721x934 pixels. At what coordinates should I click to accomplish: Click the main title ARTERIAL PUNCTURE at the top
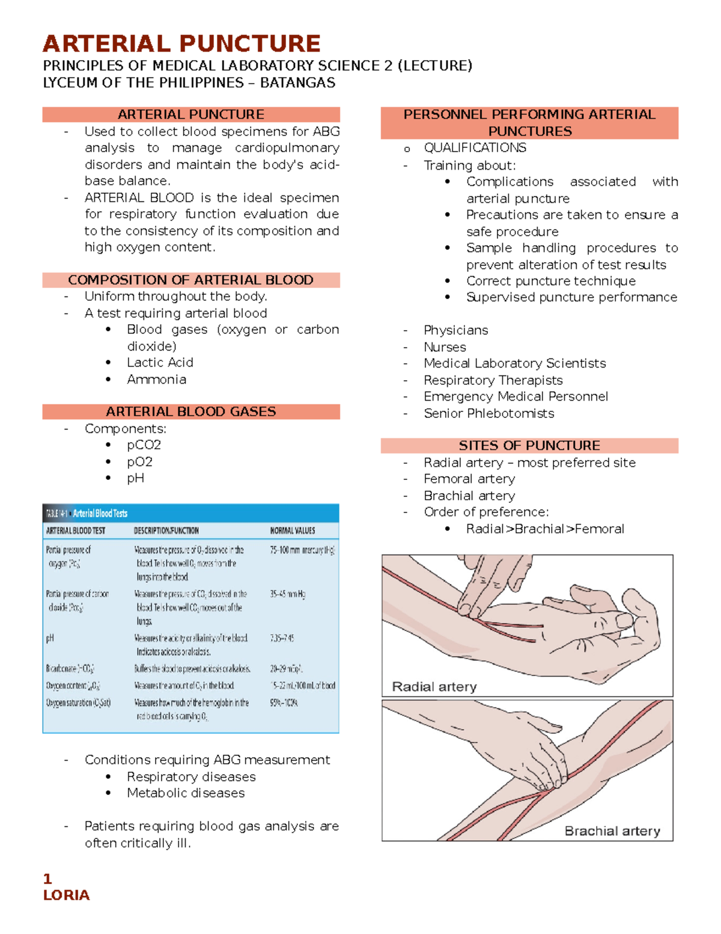[x=181, y=44]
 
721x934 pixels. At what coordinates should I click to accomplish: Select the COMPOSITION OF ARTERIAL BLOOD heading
[x=190, y=280]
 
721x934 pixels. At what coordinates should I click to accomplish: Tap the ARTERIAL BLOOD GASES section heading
[x=190, y=412]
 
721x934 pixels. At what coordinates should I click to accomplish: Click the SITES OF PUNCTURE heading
[x=529, y=446]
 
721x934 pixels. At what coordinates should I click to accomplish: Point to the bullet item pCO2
[x=144, y=445]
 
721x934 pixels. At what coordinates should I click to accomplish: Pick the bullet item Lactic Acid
[x=160, y=363]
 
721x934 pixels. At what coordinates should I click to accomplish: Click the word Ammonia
[x=156, y=379]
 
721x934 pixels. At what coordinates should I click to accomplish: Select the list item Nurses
[x=445, y=347]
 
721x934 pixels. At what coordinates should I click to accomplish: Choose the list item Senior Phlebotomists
[x=488, y=413]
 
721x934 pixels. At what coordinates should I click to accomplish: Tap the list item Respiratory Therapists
[x=493, y=380]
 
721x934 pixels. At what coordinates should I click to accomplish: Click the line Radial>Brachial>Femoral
[x=544, y=529]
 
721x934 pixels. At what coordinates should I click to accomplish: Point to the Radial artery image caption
[x=434, y=687]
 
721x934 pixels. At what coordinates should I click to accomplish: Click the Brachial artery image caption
[x=612, y=831]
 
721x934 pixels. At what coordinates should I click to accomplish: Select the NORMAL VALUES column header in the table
[x=292, y=530]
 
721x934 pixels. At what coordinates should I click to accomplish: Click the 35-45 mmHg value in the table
[x=287, y=594]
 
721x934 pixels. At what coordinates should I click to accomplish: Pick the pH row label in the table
[x=50, y=638]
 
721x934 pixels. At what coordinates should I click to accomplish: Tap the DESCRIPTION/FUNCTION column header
[x=166, y=530]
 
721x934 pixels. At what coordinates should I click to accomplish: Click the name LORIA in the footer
[x=66, y=895]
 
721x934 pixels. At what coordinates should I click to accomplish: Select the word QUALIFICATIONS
[x=475, y=148]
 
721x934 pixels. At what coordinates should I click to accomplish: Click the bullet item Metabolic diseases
[x=186, y=793]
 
